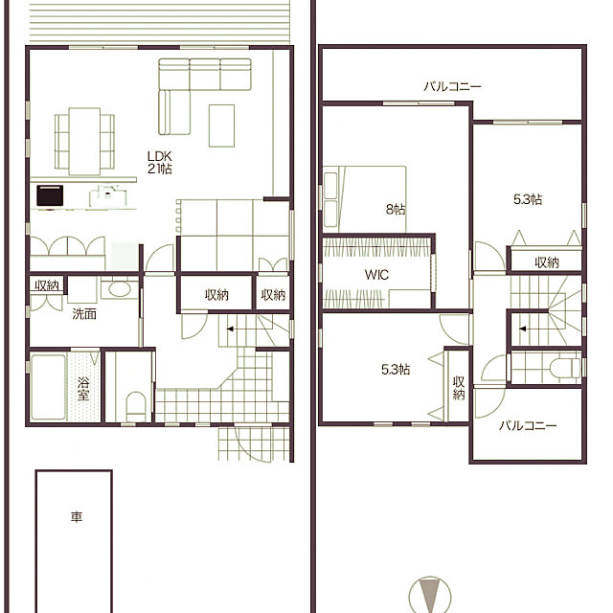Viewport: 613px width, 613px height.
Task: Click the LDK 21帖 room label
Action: pos(160,163)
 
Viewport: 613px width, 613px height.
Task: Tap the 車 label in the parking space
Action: pos(77,517)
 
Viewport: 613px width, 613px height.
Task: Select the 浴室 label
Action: pos(83,389)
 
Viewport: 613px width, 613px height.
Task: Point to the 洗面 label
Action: pos(84,314)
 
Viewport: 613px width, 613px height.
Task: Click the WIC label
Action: pos(376,275)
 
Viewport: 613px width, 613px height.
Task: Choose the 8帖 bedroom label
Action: pos(396,210)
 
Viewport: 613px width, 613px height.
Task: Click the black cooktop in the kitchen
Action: pos(50,195)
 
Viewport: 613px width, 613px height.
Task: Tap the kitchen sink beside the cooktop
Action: pos(108,196)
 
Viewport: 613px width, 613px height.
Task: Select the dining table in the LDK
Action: pos(84,142)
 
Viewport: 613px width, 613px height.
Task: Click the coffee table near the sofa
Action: pos(221,125)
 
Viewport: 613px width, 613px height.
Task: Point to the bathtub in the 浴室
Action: pos(48,387)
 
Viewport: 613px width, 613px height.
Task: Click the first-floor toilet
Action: pos(136,405)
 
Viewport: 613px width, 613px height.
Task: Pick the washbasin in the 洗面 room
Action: pos(120,289)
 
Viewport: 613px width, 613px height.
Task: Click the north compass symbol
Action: pos(430,595)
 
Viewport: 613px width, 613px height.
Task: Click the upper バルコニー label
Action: pos(453,86)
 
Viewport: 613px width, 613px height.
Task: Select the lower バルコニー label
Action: pos(528,425)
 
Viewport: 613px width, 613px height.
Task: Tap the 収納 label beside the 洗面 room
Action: pos(47,285)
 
